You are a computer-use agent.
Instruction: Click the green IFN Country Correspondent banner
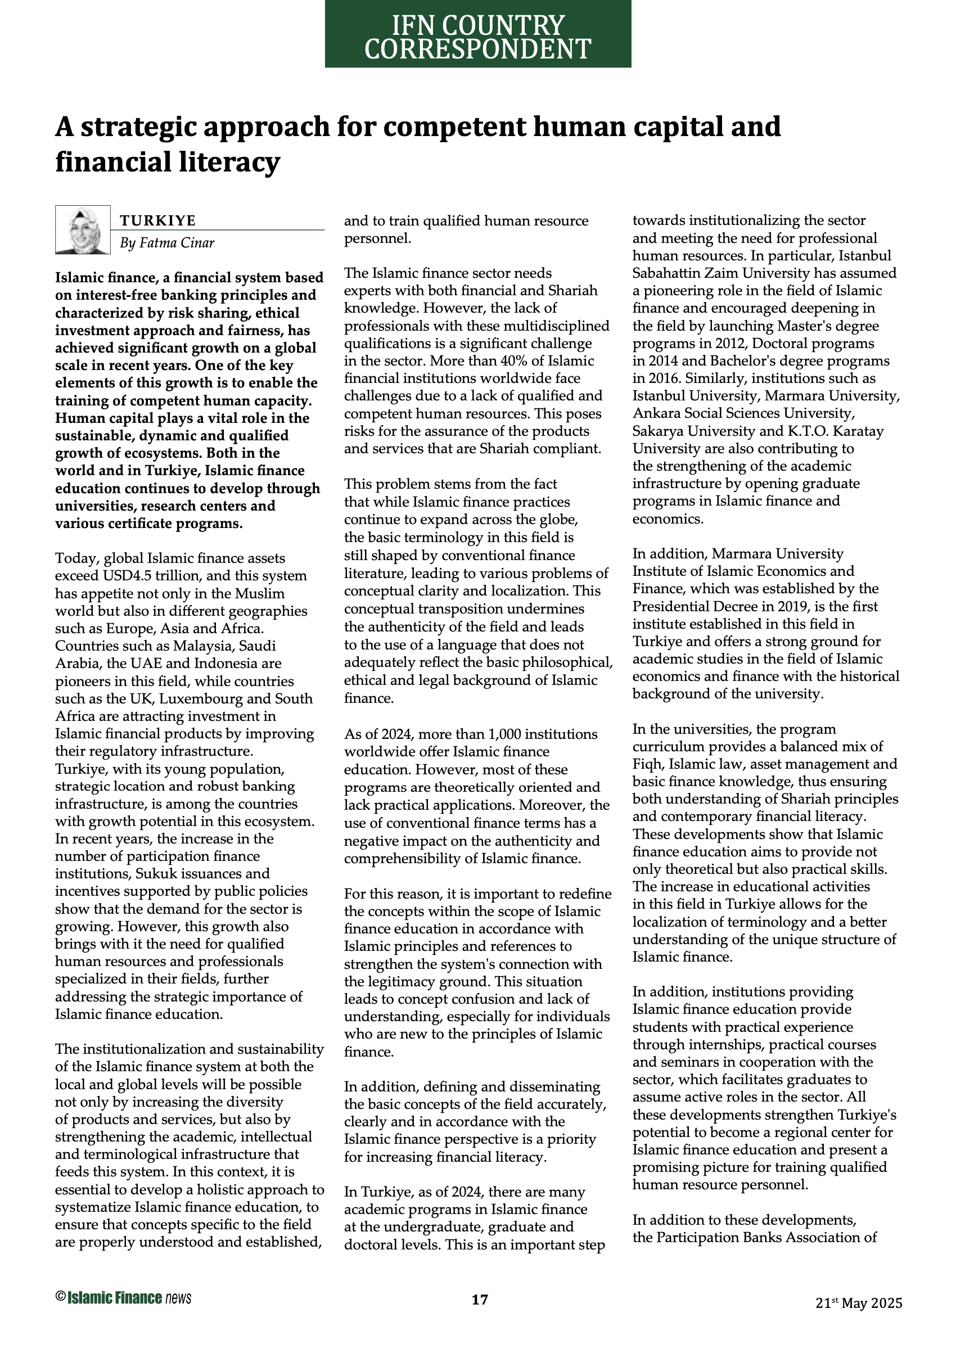[477, 34]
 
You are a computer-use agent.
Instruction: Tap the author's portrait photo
[83, 230]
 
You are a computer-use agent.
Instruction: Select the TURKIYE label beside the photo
[157, 221]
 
